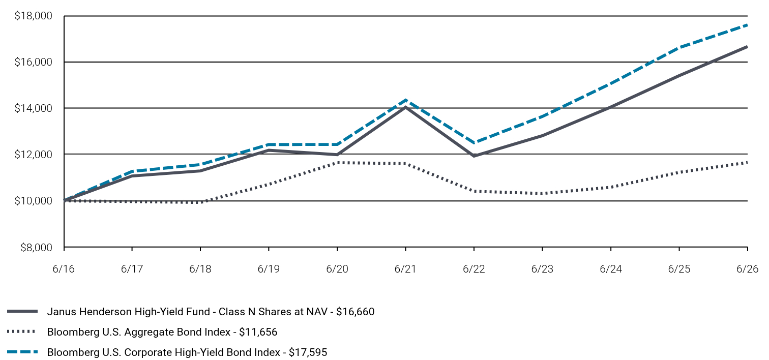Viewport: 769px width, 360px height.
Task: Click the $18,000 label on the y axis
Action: (33, 16)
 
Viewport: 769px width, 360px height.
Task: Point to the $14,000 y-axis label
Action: (33, 108)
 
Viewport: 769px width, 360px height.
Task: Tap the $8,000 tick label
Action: (36, 248)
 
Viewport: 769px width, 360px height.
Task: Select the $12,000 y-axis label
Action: (33, 155)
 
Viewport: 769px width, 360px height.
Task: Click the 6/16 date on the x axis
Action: (64, 268)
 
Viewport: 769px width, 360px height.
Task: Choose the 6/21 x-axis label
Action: (405, 268)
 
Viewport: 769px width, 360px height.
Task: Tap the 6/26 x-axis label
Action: (747, 268)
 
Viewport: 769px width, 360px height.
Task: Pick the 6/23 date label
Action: (542, 268)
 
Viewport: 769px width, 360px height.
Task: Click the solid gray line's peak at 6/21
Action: (405, 107)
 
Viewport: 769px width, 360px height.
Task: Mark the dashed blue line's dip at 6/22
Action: (474, 143)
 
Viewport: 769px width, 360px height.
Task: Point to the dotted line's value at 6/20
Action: (338, 162)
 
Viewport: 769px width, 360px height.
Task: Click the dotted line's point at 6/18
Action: (200, 202)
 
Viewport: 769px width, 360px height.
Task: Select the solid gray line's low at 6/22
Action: (474, 156)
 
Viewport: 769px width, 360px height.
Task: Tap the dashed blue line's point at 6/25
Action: (679, 47)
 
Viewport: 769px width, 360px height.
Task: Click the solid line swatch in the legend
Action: (22, 311)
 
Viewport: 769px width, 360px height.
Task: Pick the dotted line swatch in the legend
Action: (21, 332)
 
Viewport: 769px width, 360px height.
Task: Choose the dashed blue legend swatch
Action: (22, 352)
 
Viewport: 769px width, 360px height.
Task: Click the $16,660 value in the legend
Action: (356, 312)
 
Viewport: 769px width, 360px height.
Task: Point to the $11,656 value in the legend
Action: (258, 332)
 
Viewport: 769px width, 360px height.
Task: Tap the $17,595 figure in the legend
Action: (308, 352)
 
